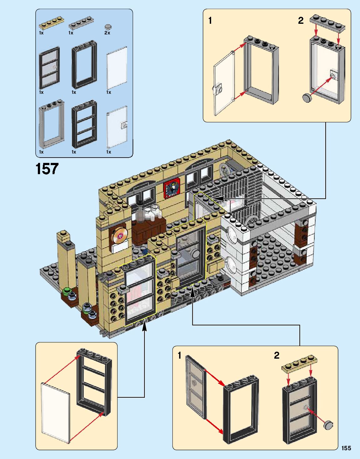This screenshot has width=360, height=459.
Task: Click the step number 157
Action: (x=47, y=169)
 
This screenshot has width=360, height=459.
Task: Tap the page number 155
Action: (x=346, y=448)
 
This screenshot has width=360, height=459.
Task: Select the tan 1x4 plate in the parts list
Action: (x=51, y=23)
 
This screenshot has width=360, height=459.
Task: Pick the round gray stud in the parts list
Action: (x=108, y=26)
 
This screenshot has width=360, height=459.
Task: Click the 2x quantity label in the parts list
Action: (x=107, y=33)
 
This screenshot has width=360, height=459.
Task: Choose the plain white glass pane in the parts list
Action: (x=117, y=68)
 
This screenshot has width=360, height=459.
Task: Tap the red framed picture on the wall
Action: (x=171, y=188)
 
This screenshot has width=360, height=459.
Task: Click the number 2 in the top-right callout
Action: (x=301, y=21)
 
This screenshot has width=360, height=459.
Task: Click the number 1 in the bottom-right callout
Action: (x=179, y=356)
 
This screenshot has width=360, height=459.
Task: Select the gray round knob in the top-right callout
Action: (x=307, y=97)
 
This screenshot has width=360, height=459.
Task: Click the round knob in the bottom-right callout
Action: (x=328, y=425)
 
